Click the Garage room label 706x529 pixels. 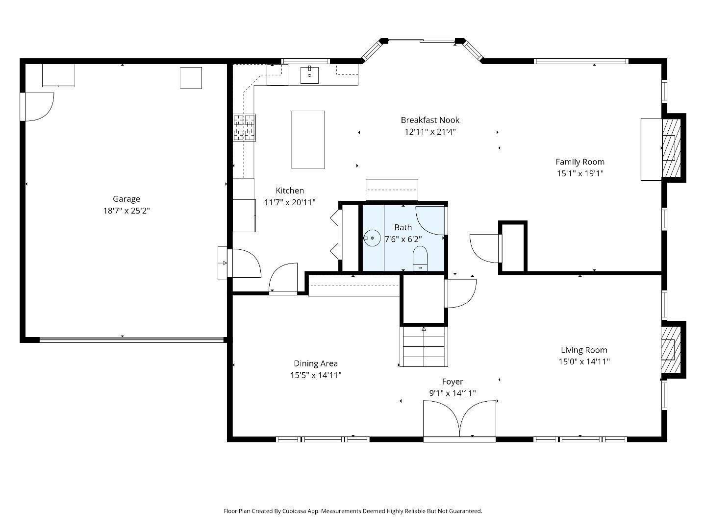coord(126,199)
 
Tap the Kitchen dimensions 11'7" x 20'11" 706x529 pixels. coord(290,202)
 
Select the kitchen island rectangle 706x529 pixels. coord(308,140)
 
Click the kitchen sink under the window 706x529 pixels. coord(309,75)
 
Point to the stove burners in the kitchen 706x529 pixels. coord(244,127)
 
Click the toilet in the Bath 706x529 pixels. coord(420,258)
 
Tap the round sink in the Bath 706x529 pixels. coord(373,238)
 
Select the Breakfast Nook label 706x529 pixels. coord(430,120)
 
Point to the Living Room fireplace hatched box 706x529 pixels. coord(671,349)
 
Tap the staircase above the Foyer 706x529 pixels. coord(424,347)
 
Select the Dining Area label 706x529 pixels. coord(316,363)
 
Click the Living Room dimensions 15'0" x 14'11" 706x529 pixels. coord(584,362)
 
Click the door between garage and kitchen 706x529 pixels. coord(244,264)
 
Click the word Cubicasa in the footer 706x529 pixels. coord(295,511)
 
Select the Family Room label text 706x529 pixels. coord(580,162)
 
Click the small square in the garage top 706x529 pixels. coord(191,78)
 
